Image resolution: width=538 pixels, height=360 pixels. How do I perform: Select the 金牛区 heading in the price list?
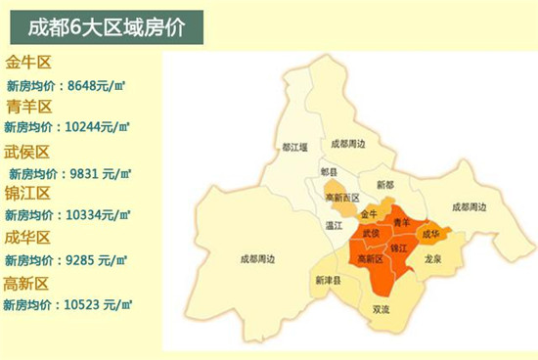tap(28, 64)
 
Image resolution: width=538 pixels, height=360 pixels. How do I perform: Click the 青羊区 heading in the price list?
tap(28, 107)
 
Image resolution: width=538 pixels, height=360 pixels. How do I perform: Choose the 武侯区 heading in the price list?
tap(28, 152)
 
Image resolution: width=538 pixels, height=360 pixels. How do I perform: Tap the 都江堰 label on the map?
tap(294, 147)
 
